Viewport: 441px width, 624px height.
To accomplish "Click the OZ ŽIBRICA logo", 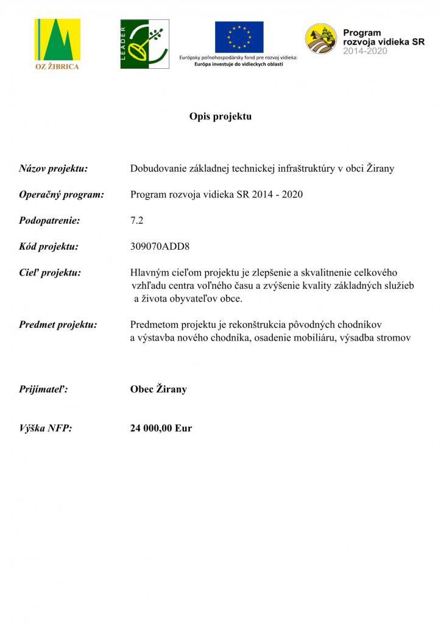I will coord(57,44).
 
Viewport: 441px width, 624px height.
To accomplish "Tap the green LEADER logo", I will coord(144,44).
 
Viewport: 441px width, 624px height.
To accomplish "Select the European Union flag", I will coord(239,37).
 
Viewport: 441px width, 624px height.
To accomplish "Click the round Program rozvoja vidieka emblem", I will coord(320,38).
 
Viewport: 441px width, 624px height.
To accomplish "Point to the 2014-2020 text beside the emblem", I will coord(365,51).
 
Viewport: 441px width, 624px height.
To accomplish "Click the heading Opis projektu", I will coord(220,116).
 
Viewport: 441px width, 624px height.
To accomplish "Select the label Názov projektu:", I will coord(53,169).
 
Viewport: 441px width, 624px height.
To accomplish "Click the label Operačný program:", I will coord(62,195).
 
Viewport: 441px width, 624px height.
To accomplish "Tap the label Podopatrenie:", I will coord(49,221).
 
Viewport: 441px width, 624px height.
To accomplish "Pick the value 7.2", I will coord(136,221).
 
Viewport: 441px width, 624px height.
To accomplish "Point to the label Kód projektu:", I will coord(49,247).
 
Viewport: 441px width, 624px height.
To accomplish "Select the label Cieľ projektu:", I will coord(50,273).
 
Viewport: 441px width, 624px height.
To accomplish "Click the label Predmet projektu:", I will coord(58,325).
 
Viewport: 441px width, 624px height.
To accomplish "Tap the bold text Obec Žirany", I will coord(158,389).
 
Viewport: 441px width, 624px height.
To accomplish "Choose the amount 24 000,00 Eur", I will coord(161,428).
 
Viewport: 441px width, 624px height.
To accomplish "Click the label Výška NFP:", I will coord(46,428).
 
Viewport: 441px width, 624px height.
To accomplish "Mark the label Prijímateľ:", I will coord(43,389).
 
